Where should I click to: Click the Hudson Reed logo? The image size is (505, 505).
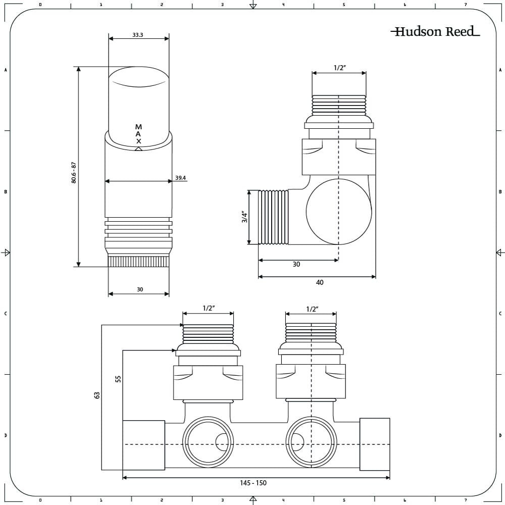point(435,32)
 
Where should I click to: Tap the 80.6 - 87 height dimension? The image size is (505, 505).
point(74,173)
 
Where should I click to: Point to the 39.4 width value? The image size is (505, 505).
point(181,178)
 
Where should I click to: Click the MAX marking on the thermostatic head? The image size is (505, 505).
point(139,134)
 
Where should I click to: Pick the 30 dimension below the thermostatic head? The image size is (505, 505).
point(140,289)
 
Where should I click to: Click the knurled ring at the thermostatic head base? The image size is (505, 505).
point(139,261)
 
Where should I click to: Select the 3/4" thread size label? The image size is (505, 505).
point(245,217)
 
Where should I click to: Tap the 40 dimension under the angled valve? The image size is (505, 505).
point(319,282)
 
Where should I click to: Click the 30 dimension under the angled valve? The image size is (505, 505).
point(296,264)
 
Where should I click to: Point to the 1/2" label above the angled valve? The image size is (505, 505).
point(339,68)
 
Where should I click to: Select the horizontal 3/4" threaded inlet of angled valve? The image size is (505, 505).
point(273,217)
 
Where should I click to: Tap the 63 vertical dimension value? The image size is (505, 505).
point(97,394)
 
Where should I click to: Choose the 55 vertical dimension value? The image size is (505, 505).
point(118,379)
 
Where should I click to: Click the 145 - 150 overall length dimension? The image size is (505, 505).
point(253,483)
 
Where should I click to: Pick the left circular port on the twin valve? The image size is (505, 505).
point(208,442)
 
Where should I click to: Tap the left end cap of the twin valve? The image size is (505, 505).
point(144,443)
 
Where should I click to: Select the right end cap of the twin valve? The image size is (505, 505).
point(374,443)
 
